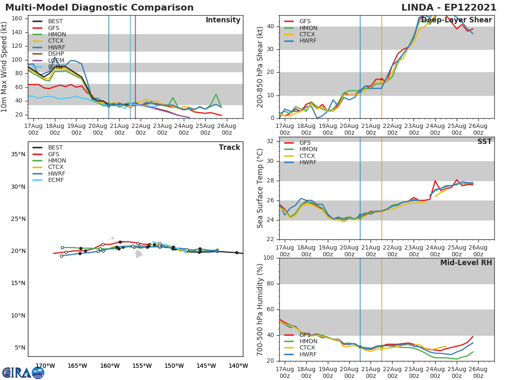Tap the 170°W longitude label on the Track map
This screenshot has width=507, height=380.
45,366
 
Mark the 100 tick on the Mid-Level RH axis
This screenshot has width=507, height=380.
269,258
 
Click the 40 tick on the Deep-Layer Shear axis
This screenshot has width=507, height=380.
271,27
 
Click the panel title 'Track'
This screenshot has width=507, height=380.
229,147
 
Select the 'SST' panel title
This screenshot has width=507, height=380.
485,142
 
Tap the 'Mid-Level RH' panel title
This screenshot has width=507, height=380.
466,263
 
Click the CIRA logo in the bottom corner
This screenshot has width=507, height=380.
23,372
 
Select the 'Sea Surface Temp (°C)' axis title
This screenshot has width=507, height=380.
260,188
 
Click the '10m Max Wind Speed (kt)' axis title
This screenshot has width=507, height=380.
5,67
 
